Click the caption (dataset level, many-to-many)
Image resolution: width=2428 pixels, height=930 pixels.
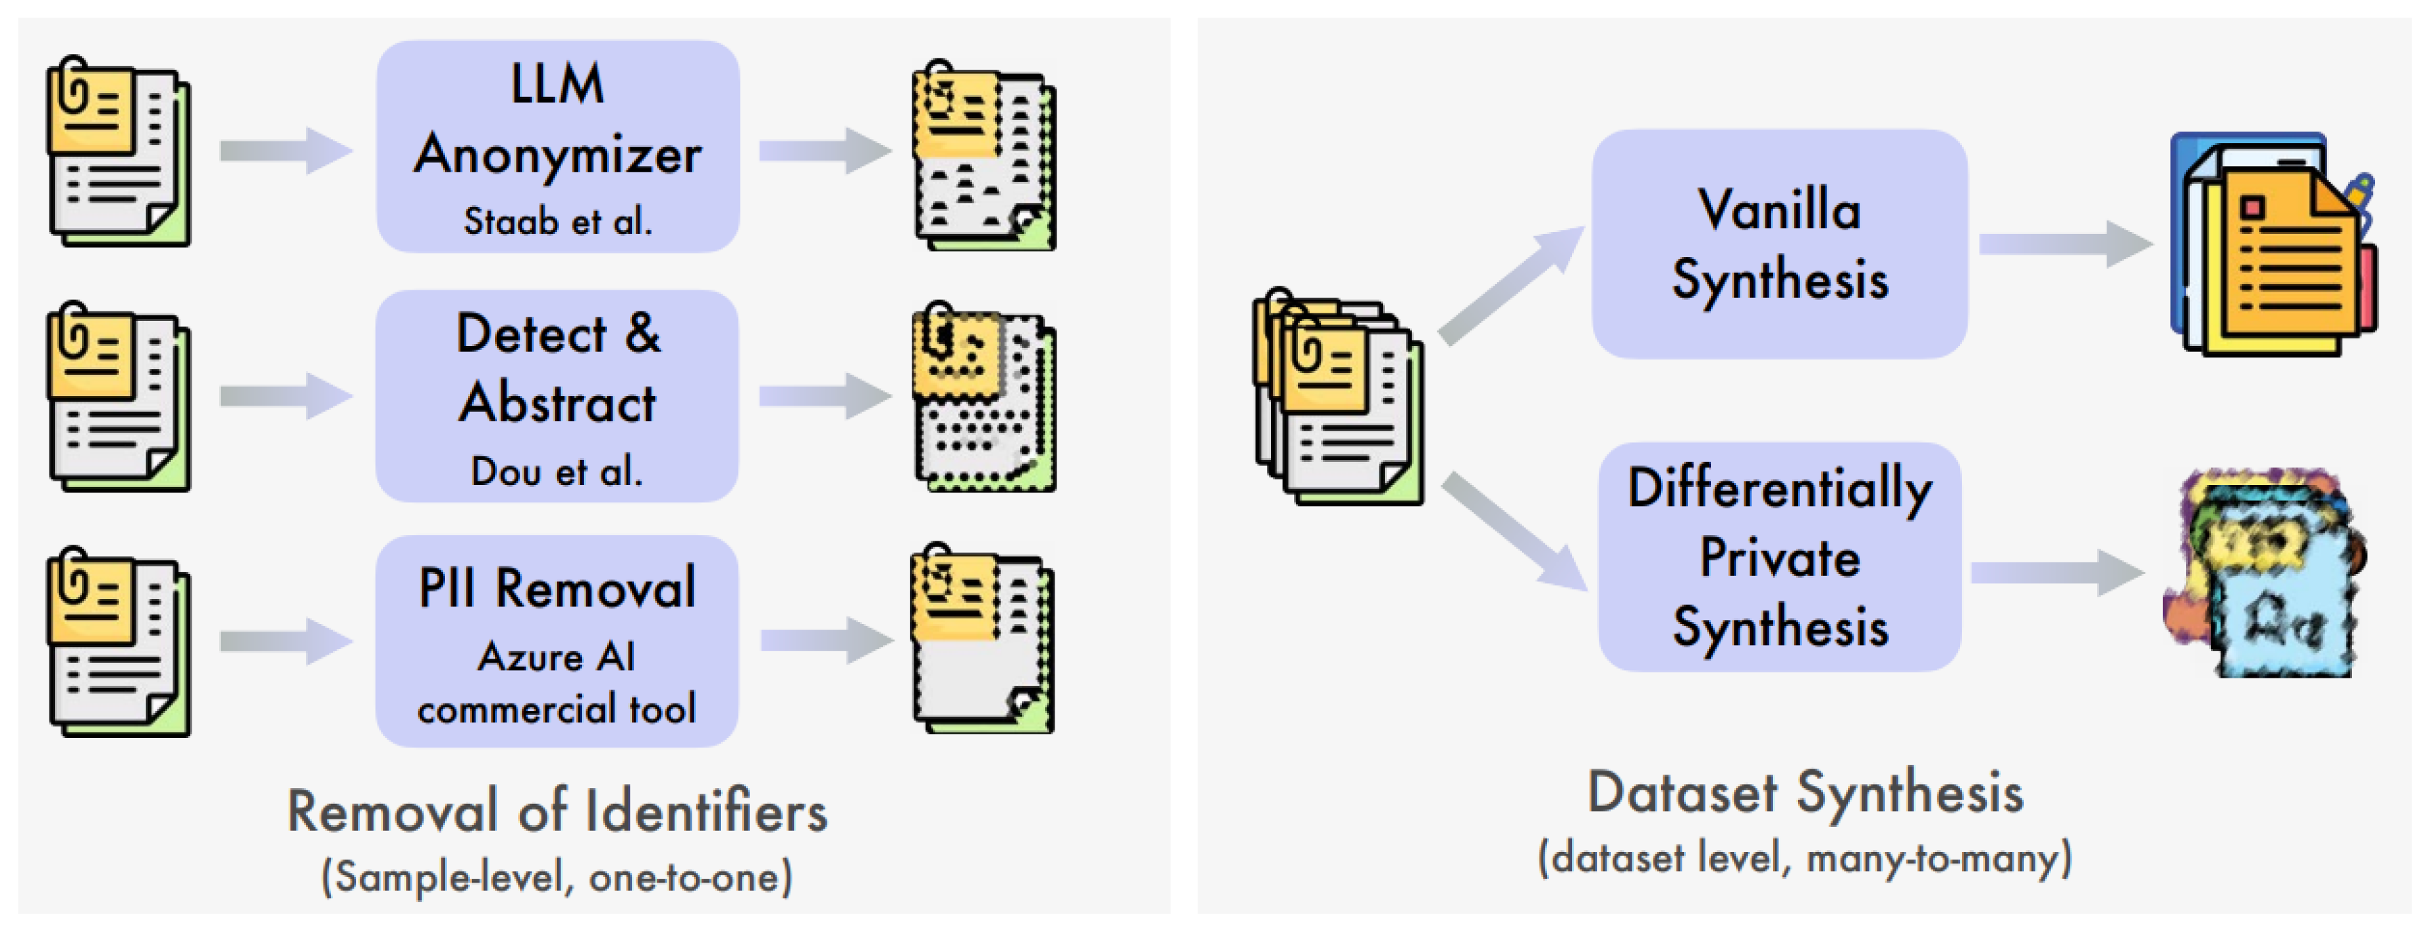click(x=1804, y=858)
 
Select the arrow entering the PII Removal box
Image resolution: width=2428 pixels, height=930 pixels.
click(x=285, y=642)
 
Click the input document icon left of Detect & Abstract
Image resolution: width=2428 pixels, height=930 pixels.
click(x=119, y=398)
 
